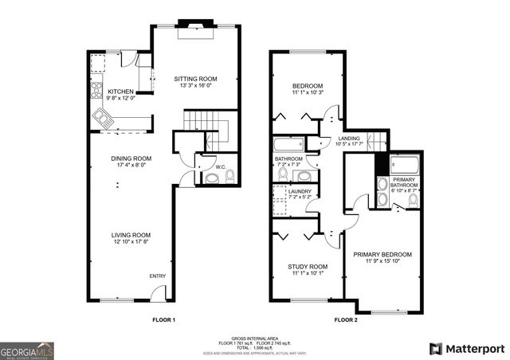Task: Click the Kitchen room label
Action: (121, 92)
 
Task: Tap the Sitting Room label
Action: (195, 79)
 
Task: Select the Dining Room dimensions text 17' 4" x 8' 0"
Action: (131, 166)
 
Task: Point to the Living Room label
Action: (131, 235)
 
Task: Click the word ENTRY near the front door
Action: (158, 276)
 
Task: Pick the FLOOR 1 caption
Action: (163, 319)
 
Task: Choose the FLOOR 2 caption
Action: (346, 319)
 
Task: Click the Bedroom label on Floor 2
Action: (307, 85)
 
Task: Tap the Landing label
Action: (349, 139)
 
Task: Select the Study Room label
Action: (307, 266)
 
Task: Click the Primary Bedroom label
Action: (386, 254)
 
